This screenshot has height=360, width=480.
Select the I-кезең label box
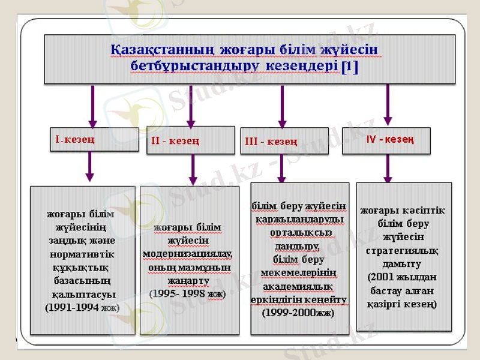pos(91,140)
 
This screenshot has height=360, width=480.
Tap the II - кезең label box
pos(191,140)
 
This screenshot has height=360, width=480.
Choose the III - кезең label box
pos(284,142)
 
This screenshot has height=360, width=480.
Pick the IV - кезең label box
pos(386,140)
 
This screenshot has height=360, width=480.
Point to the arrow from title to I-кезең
pos(92,105)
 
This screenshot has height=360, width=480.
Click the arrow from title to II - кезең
pos(191,105)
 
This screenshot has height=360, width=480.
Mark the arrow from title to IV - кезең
pos(388,105)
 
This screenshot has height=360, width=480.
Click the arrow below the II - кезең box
pos(193,169)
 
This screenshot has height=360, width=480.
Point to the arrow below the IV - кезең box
pos(388,169)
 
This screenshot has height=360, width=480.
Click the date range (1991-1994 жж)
pos(82,307)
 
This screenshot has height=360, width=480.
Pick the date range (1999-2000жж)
pos(298,313)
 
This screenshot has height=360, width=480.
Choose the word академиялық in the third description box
pos(298,286)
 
